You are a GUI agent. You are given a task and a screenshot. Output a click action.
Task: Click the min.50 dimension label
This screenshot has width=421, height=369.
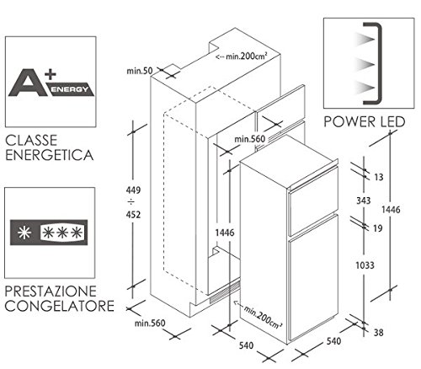pyautogui.click(x=140, y=71)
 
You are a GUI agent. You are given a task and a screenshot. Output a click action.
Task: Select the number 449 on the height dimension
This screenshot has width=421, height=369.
pyautogui.click(x=133, y=190)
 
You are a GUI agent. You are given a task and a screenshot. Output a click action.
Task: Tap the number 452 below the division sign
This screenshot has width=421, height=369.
pyautogui.click(x=133, y=215)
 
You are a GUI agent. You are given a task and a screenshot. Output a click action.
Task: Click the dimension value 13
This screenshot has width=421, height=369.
pyautogui.click(x=379, y=177)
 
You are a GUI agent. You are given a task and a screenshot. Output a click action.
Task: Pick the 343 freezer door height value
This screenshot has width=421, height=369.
pyautogui.click(x=364, y=201)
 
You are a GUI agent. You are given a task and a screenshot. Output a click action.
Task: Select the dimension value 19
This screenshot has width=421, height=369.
pyautogui.click(x=378, y=228)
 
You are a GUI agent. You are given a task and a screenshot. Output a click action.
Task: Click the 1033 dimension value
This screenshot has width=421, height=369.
pyautogui.click(x=365, y=265)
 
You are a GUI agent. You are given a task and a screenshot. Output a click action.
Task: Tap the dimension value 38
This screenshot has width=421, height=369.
pyautogui.click(x=378, y=333)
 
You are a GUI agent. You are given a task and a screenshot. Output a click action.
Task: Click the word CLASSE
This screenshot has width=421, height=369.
pyautogui.click(x=31, y=141)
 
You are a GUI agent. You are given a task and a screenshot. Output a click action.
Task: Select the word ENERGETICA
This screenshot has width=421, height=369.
pyautogui.click(x=50, y=155)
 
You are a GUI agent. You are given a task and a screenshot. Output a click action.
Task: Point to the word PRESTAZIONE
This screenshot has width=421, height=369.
pyautogui.click(x=51, y=291)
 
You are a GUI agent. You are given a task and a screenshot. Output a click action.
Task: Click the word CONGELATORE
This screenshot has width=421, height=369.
pyautogui.click(x=60, y=306)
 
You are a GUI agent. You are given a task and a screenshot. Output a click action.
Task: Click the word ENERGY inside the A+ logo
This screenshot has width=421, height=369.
pyautogui.click(x=69, y=89)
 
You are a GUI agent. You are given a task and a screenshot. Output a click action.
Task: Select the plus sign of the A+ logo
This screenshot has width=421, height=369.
pyautogui.click(x=51, y=74)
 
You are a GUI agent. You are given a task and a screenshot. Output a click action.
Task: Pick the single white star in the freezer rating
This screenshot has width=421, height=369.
pyautogui.click(x=24, y=233)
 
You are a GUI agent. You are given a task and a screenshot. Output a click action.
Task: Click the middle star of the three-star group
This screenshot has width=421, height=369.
pyautogui.click(x=62, y=233)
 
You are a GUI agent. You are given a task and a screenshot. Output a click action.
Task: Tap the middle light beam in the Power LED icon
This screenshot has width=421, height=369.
pyautogui.click(x=365, y=65)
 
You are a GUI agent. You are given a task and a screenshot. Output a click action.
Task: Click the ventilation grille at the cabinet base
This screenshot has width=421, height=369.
pyautogui.click(x=225, y=292)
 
